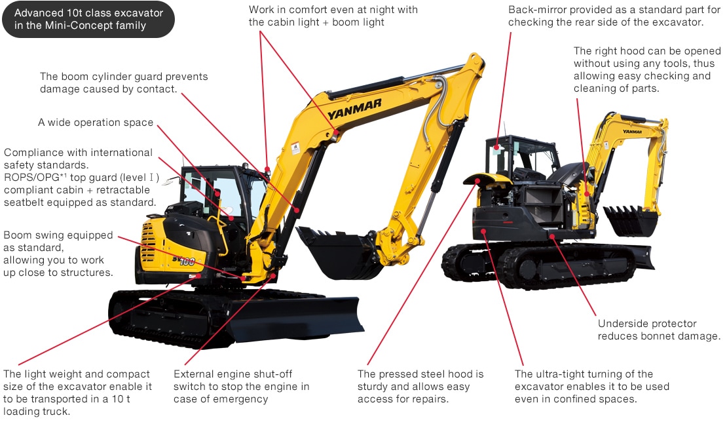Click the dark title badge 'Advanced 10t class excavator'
(x=88, y=20)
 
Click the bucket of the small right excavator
(x=630, y=221)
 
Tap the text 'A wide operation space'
(x=96, y=123)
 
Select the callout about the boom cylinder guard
(x=124, y=83)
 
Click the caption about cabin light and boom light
(x=333, y=16)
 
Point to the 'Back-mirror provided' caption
(x=614, y=16)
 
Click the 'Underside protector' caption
(x=658, y=330)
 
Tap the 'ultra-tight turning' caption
(x=591, y=386)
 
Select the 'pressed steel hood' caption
(x=420, y=386)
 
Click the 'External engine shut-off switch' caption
(x=241, y=386)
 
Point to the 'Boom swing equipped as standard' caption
(x=58, y=253)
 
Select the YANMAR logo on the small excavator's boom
(x=632, y=132)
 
